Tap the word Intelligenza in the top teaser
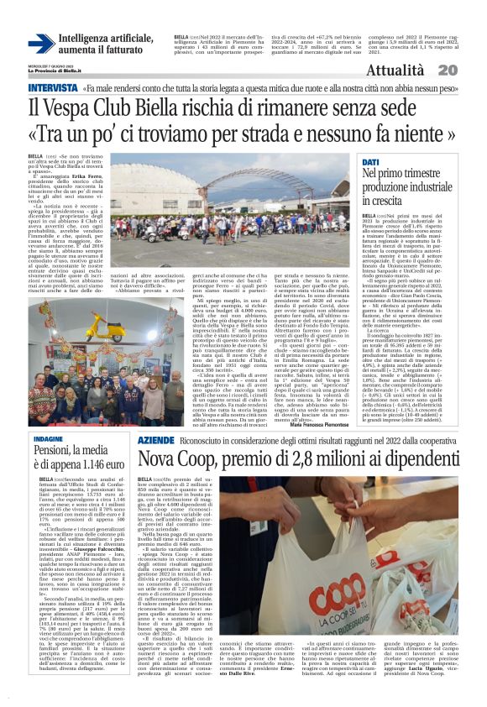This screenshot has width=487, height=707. coord(87,39)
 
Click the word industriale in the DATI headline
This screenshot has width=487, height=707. coord(418,187)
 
